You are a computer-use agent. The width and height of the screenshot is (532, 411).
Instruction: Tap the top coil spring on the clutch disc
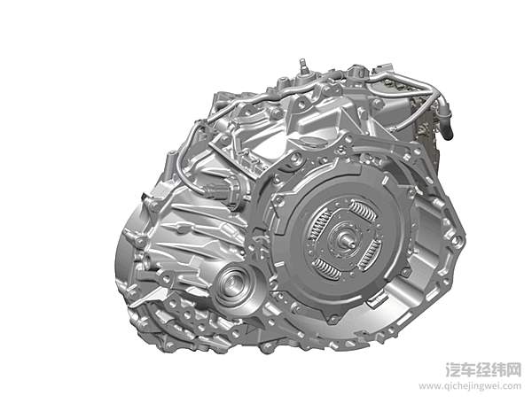363,211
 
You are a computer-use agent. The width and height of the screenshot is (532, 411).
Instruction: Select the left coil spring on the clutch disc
319,226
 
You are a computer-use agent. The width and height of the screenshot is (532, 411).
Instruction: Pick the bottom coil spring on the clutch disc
327,268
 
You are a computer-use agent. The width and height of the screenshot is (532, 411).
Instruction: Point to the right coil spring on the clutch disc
369,252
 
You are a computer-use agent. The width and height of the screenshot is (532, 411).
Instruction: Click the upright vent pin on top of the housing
303,68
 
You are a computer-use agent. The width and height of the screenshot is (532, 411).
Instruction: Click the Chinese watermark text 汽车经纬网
483,369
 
